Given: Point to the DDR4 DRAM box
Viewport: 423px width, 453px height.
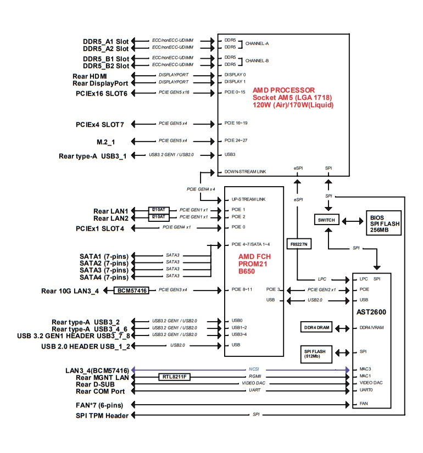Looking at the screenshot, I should (x=317, y=328).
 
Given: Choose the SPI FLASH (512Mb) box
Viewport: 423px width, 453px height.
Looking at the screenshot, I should (x=317, y=352).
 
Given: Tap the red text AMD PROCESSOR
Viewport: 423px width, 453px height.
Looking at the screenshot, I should (x=283, y=90).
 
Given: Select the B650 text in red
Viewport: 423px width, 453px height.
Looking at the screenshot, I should (x=247, y=271).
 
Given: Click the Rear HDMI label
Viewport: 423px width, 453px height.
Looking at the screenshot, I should (x=90, y=76).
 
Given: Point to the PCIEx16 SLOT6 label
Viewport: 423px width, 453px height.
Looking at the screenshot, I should (x=101, y=93).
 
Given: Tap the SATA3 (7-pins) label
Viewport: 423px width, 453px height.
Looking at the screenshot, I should (x=103, y=270).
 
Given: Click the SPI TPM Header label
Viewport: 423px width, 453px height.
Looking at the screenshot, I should (x=102, y=416).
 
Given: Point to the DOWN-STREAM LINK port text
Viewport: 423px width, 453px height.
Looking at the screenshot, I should (x=245, y=172).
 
